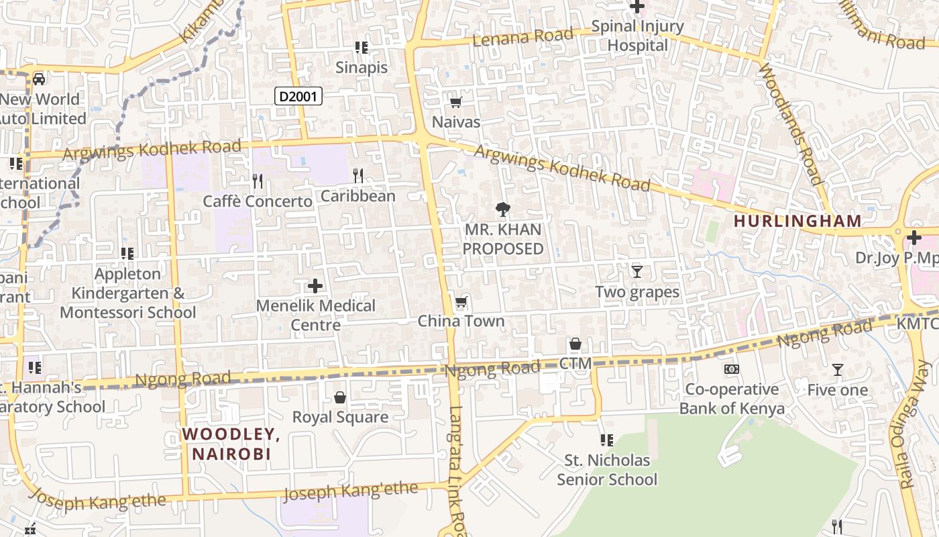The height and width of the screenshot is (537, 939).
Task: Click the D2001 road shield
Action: (298, 97)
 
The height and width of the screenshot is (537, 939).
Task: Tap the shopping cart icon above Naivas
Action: (456, 103)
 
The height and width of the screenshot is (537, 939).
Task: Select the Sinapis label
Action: (362, 68)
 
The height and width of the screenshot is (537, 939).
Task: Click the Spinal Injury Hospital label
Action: (637, 36)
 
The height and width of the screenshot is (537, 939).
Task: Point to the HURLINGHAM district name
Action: (797, 221)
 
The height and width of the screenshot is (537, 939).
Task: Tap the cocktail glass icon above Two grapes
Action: (637, 272)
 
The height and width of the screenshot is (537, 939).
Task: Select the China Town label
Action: (461, 322)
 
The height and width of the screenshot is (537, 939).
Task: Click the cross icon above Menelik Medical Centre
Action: (315, 287)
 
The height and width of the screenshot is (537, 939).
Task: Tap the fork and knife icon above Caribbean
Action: (358, 176)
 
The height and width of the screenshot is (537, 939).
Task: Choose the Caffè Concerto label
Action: (258, 201)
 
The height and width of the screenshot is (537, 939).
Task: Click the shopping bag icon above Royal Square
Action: (340, 397)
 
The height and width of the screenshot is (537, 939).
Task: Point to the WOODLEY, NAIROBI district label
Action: (231, 444)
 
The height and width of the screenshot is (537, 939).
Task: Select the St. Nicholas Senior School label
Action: (607, 470)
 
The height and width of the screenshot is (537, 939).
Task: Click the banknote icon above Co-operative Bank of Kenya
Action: (732, 369)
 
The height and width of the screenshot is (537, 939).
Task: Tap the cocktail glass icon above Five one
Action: (838, 370)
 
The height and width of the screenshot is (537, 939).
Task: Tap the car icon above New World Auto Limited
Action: (40, 79)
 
